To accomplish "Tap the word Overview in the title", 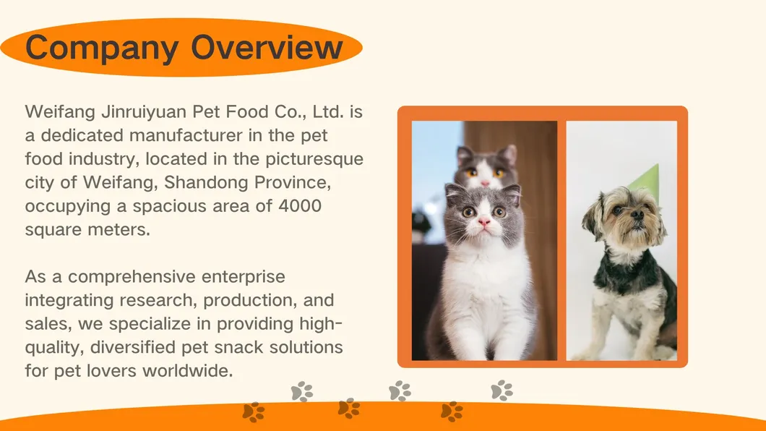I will (267, 47).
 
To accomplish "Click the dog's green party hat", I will (645, 177).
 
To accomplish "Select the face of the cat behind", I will (486, 168).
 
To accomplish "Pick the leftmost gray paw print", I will (302, 391).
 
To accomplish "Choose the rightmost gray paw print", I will (502, 391).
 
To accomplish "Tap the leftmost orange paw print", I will (254, 412).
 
